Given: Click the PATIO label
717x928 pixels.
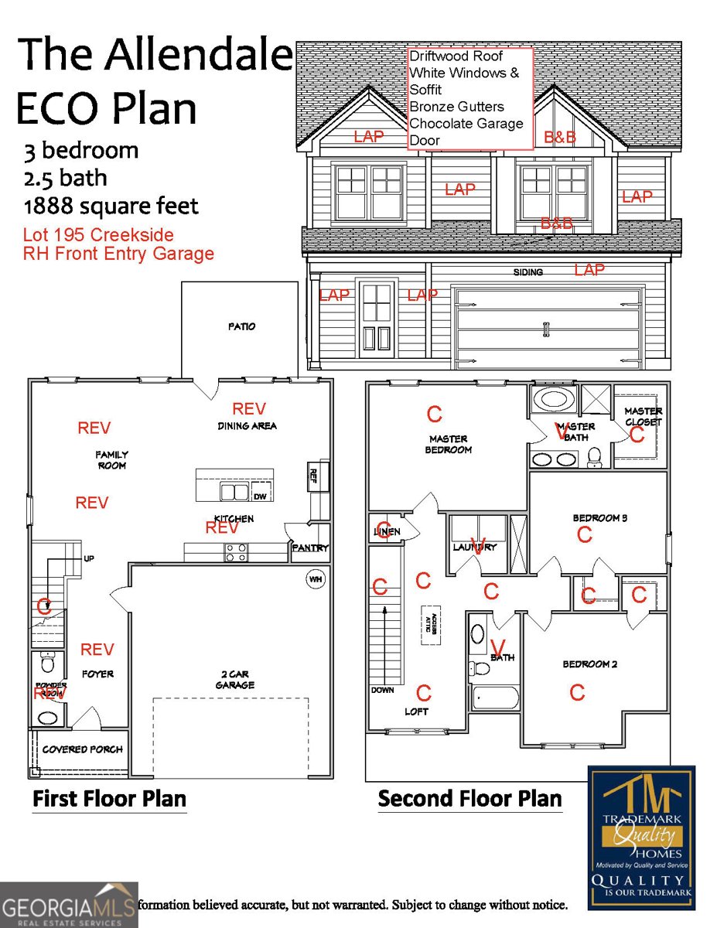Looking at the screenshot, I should (241, 326).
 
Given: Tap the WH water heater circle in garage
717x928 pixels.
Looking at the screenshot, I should (316, 579).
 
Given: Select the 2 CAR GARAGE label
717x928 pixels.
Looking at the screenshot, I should (235, 680).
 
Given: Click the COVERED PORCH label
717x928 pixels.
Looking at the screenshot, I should (82, 749).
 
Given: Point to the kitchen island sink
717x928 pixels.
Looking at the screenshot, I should (234, 492).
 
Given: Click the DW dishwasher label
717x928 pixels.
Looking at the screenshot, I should (260, 496).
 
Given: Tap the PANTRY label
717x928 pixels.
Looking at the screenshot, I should (310, 548).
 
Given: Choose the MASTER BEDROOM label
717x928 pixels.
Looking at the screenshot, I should (449, 444).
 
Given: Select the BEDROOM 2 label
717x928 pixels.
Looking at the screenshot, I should (589, 664).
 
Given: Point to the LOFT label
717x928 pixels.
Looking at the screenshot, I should (416, 711).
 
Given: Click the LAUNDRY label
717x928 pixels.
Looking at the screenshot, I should (474, 548).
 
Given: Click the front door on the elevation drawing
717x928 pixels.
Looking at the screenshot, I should (377, 317).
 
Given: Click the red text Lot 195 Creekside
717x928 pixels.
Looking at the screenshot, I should (98, 234).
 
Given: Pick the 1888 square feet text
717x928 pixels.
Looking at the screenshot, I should (111, 206).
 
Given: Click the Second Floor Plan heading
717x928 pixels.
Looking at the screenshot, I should (469, 798).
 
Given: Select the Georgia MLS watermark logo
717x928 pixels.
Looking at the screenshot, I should (69, 905).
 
